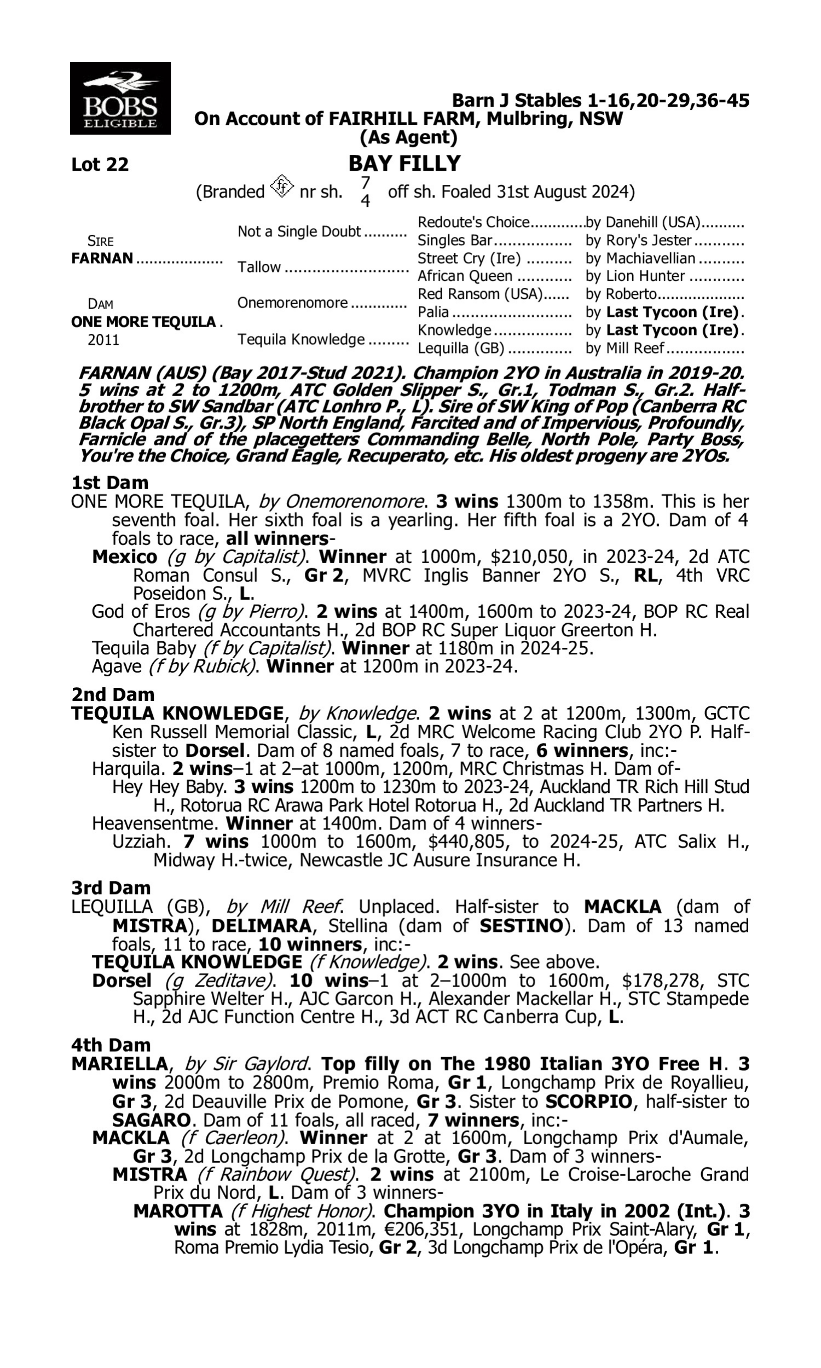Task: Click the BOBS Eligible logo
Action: (x=120, y=98)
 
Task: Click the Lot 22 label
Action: (x=100, y=164)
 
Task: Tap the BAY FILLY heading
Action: (x=404, y=163)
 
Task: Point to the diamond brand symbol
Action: (x=282, y=187)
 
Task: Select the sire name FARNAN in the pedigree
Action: (x=102, y=258)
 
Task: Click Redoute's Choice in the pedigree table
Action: (x=473, y=222)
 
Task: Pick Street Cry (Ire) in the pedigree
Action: (x=469, y=258)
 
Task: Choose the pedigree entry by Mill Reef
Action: (x=625, y=349)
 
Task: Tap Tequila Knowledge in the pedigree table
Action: (x=301, y=339)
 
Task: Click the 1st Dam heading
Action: (x=109, y=483)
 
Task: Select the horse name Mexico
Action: (x=124, y=557)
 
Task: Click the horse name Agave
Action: (x=117, y=666)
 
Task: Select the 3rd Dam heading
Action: (x=111, y=888)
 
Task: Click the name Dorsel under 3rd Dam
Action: (x=122, y=980)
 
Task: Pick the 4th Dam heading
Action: (x=111, y=1045)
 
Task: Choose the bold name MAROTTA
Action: (x=177, y=1211)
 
